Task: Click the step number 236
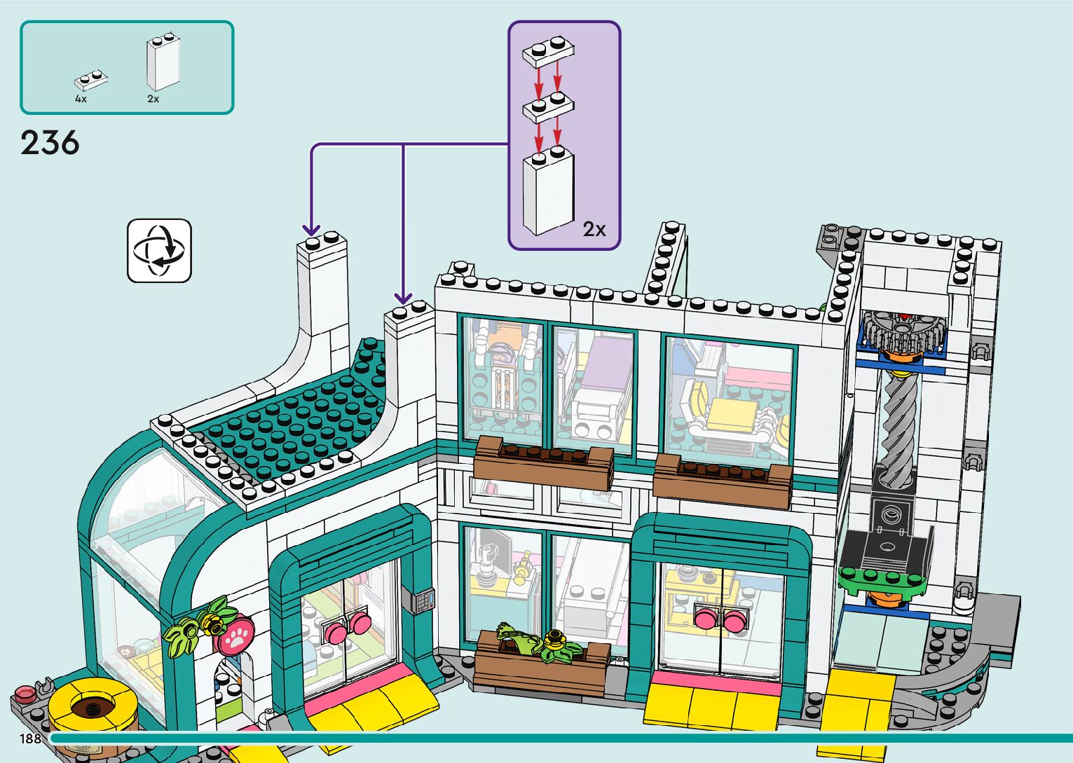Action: (x=50, y=143)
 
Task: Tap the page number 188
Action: (x=30, y=738)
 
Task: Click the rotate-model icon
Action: (x=159, y=251)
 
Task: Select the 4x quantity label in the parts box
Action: (x=81, y=99)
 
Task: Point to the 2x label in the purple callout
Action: (x=594, y=229)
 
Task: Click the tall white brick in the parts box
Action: (x=163, y=64)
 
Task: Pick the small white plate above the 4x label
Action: (x=91, y=80)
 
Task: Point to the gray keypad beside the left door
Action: (x=422, y=601)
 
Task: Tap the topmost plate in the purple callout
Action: (x=548, y=53)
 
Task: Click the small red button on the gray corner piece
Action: (x=25, y=693)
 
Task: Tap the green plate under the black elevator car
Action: (x=883, y=579)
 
